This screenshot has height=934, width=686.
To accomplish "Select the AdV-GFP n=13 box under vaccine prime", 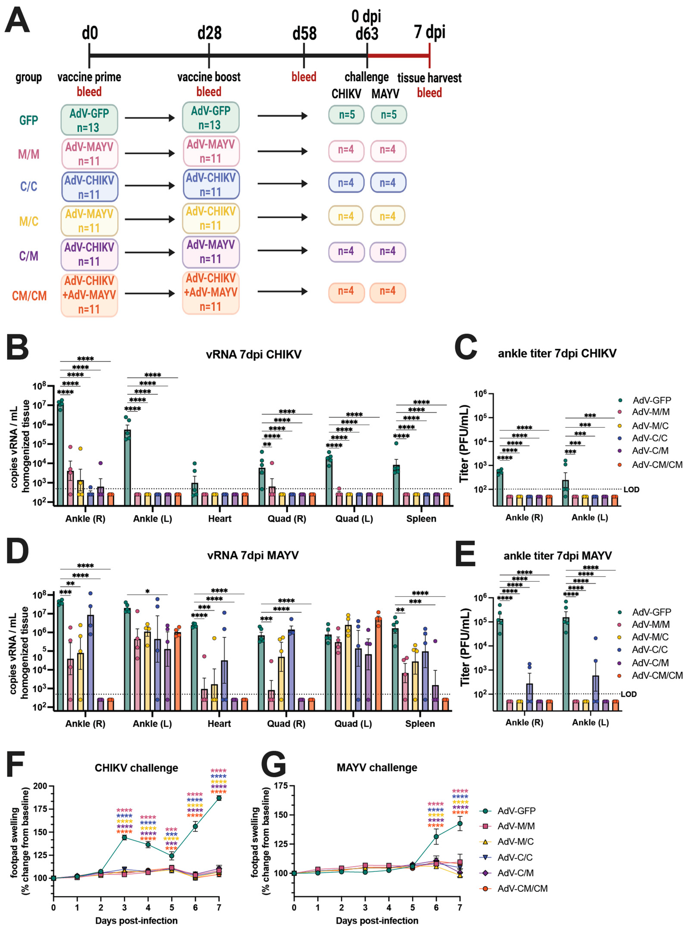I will pos(89,120).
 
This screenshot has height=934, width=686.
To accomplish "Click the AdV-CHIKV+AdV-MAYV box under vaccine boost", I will pos(211,292).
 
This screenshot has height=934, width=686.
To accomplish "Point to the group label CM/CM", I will pos(29,296).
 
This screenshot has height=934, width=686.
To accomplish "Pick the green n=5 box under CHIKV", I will pos(346,115).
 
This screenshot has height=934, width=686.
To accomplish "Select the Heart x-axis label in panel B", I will pos(220,519).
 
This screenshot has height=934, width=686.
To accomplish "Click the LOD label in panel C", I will pos(631,490).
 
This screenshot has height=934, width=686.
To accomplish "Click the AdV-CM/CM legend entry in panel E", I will pos(657,676).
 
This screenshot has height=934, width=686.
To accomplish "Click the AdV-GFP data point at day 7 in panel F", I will pos(219,798).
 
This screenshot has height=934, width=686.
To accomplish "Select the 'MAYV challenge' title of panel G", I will pos(377,768).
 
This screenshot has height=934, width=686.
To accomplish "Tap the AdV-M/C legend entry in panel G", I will pos(515,841).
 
